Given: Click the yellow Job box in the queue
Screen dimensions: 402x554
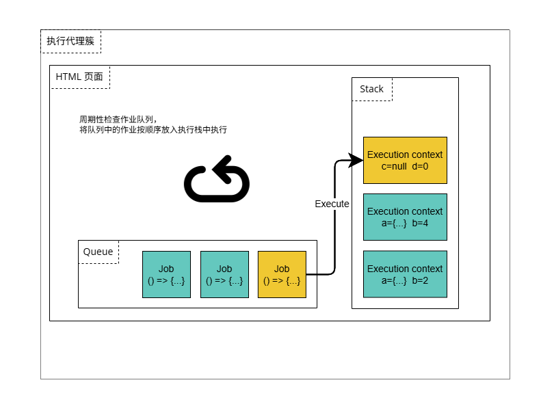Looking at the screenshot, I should click(x=282, y=274).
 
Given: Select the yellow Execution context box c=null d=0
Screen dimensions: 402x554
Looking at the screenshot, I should click(x=405, y=160).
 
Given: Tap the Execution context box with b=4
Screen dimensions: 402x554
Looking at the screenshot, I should click(x=405, y=217).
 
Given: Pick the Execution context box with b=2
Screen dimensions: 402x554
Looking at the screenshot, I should click(x=405, y=274).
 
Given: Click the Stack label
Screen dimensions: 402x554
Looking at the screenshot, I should click(x=371, y=89).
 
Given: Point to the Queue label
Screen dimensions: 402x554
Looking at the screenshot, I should click(x=98, y=252).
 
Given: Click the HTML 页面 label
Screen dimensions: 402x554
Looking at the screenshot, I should click(x=79, y=77).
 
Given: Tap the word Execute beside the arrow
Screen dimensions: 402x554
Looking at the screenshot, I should click(x=332, y=204).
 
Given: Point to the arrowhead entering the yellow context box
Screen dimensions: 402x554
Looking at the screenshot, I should click(x=356, y=161).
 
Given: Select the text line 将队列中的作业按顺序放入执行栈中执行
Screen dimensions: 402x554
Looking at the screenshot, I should click(x=153, y=129).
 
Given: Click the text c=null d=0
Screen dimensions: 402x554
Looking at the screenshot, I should click(x=405, y=166).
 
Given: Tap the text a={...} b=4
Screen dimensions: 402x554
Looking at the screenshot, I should click(x=405, y=223).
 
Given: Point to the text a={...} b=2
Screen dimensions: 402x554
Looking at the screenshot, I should click(x=405, y=280).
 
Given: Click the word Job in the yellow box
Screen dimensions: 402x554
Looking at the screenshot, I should click(x=282, y=269).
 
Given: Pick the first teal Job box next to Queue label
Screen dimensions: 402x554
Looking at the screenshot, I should click(x=166, y=274).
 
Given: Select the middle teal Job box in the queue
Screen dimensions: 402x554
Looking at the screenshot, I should click(x=224, y=274).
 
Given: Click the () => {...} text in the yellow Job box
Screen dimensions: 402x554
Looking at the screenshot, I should click(x=282, y=280).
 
